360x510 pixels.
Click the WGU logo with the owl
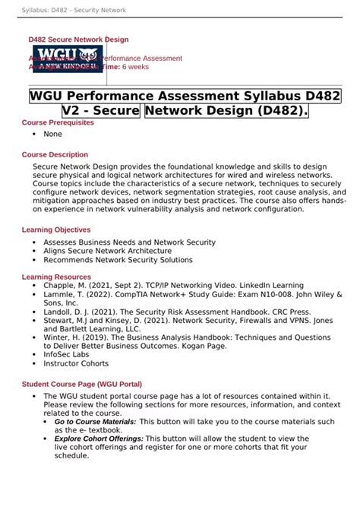tap(67, 59)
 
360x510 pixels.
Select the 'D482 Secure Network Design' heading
tap(78, 40)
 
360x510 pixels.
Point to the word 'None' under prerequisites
tap(52, 134)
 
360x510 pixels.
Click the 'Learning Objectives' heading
tap(56, 230)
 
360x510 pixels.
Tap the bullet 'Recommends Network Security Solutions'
tap(118, 259)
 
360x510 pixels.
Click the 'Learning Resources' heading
tap(56, 277)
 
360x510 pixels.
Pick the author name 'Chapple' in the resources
tap(58, 285)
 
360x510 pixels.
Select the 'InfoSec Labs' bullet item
tap(66, 353)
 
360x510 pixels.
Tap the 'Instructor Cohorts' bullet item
tap(77, 363)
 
